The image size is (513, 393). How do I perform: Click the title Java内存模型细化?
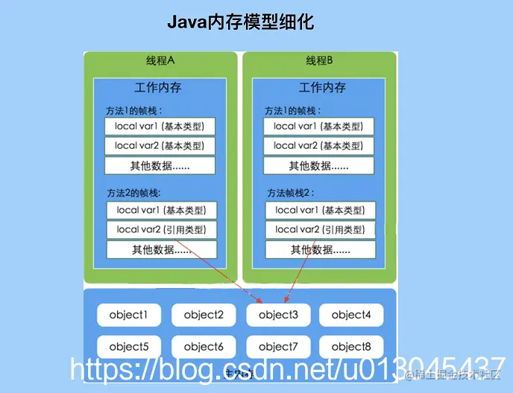240,23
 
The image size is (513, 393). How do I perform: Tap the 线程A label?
160,60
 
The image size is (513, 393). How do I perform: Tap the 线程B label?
319,60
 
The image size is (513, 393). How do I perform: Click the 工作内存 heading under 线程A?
158,87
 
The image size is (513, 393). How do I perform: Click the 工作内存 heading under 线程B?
322,87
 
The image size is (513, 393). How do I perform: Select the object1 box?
128,315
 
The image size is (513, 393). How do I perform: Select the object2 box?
204,315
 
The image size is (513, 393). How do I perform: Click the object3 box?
278,315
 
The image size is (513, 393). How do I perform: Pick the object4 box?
351,315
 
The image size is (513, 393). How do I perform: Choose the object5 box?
128,346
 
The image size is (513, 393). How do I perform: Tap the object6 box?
204,346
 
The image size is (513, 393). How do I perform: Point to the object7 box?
278,346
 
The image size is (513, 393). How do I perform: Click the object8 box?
351,346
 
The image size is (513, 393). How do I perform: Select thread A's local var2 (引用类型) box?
161,229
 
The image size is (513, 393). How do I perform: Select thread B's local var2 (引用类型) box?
320,229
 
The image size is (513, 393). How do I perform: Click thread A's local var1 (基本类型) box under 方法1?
160,126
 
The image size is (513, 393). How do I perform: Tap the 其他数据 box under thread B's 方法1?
318,166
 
